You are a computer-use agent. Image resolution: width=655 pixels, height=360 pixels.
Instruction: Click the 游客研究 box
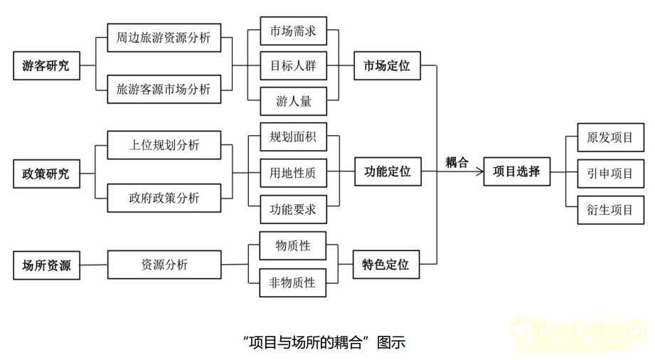[x=46, y=68]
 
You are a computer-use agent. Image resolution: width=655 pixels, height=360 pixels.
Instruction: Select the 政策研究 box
[x=46, y=174]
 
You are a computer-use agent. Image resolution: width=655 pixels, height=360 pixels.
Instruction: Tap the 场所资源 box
[x=46, y=265]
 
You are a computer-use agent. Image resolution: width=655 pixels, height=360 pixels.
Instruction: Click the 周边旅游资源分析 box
[x=164, y=37]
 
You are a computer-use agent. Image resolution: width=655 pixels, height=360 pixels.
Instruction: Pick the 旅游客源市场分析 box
[x=164, y=89]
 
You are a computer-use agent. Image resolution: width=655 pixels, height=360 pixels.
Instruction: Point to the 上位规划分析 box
[x=164, y=145]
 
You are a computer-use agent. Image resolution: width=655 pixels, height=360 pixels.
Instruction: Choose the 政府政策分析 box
[x=164, y=197]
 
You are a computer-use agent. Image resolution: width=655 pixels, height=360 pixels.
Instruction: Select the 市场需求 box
[x=294, y=31]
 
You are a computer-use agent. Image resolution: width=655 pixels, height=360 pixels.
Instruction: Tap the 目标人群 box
[x=294, y=67]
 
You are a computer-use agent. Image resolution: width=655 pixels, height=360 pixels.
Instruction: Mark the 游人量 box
[x=294, y=101]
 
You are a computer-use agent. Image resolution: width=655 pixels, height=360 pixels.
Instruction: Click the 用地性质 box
[x=294, y=172]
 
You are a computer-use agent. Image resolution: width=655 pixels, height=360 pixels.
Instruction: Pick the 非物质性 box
[x=294, y=282]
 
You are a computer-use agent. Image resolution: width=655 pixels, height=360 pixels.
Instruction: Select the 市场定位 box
[x=387, y=68]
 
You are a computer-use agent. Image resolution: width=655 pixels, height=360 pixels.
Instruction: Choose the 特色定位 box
[x=387, y=265]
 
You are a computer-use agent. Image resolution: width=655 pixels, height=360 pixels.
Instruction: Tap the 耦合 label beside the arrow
[x=457, y=162]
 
